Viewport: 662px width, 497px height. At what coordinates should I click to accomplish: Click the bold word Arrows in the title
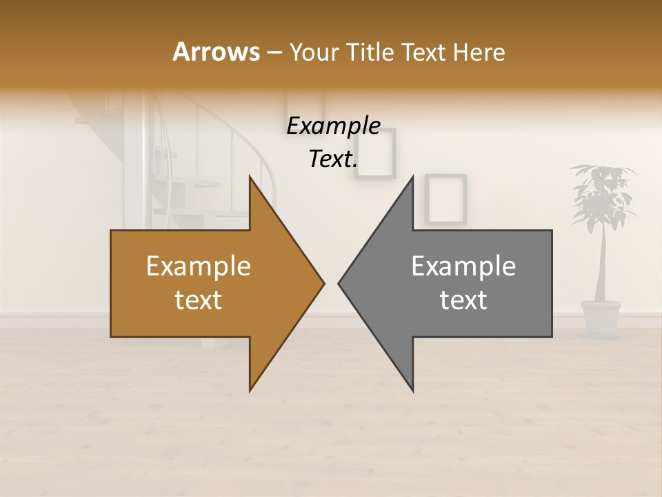tap(216, 52)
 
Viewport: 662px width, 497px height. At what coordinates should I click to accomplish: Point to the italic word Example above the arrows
tap(333, 126)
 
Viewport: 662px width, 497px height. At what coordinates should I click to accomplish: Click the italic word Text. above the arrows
tap(333, 159)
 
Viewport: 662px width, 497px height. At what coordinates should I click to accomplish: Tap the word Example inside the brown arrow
tap(198, 266)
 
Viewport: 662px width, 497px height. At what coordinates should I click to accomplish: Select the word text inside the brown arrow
tap(198, 300)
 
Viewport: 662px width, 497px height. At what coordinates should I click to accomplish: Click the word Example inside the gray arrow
tap(463, 266)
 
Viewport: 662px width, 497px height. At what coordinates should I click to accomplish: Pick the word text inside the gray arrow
tap(463, 300)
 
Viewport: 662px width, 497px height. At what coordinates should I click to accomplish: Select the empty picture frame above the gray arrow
tap(445, 199)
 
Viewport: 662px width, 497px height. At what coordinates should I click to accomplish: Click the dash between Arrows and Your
tap(273, 52)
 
